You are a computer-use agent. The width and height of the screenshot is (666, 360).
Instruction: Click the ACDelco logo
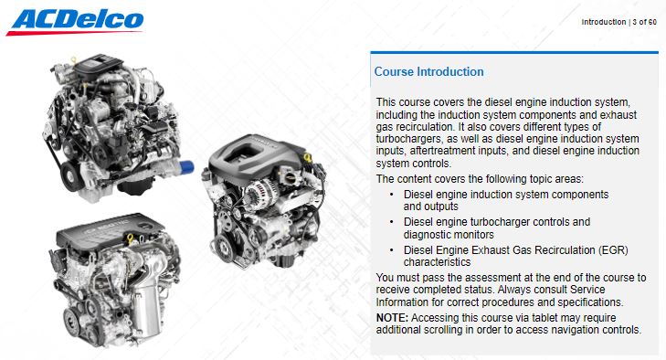point(75,22)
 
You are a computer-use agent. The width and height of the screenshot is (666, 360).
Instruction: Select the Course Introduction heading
point(428,72)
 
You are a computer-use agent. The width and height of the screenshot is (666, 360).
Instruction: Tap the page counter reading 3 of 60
point(644,22)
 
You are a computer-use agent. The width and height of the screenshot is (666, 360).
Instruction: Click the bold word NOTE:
point(392,318)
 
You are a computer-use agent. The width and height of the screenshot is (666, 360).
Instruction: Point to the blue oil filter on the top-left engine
point(186,166)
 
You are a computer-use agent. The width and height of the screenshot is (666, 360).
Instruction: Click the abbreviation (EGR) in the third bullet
point(612,250)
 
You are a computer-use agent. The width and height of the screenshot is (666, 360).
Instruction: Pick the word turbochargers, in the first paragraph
point(408,139)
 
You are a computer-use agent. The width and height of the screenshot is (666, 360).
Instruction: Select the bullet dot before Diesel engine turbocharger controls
point(391,222)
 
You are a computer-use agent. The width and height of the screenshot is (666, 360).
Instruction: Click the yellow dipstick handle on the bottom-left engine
point(130,238)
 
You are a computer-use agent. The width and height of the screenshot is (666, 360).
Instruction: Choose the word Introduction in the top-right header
point(604,22)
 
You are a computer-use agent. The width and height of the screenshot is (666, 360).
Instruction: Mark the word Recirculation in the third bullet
point(564,250)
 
